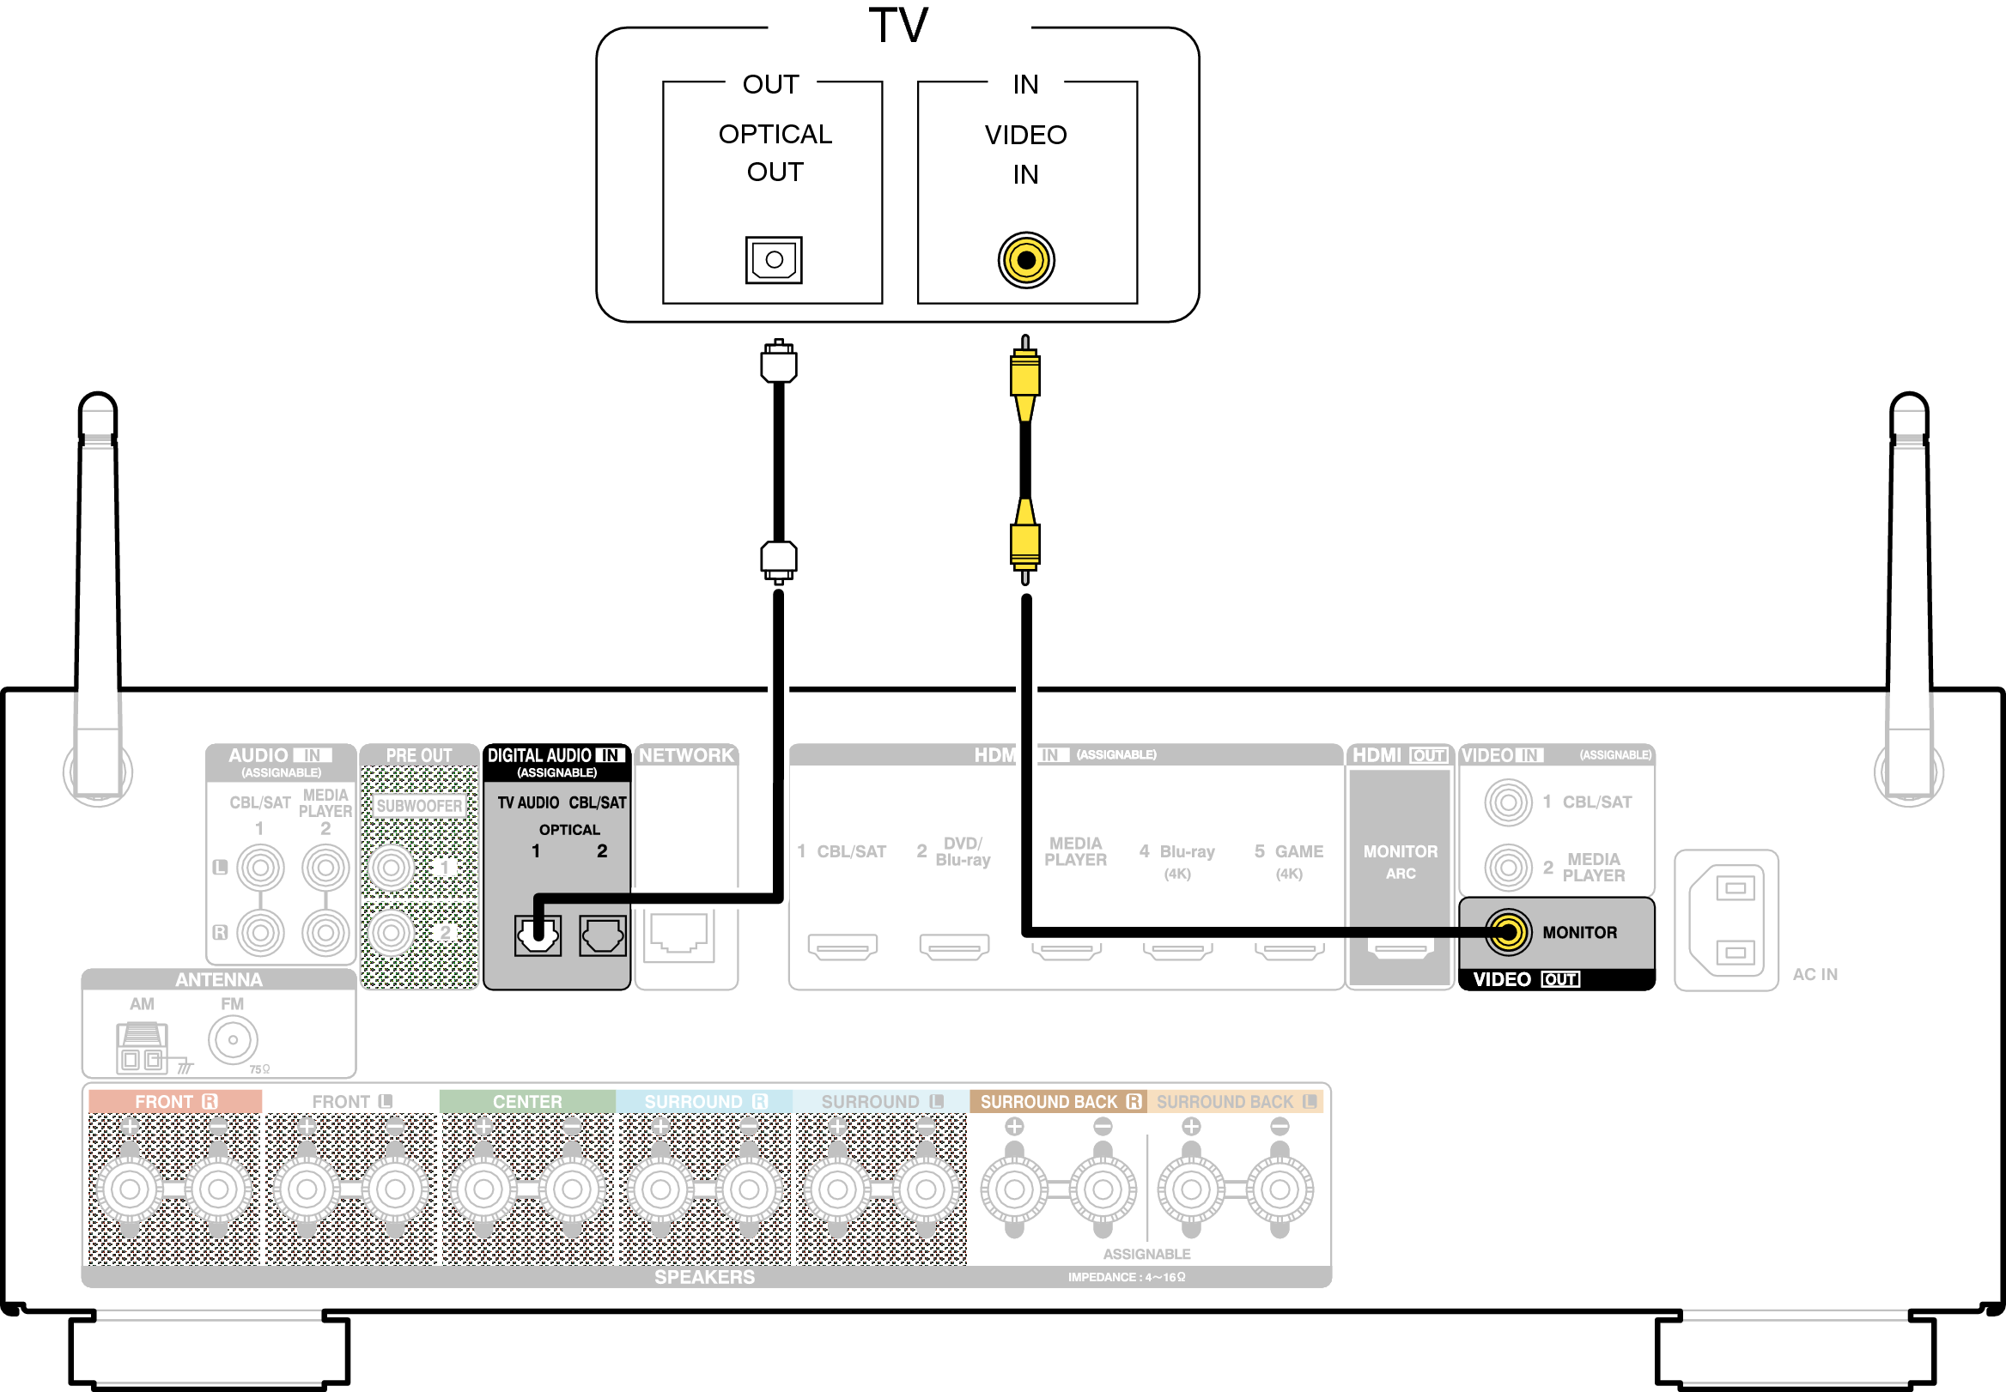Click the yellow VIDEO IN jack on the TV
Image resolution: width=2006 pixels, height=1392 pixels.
[1026, 260]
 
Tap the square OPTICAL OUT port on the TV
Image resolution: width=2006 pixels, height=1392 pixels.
[773, 260]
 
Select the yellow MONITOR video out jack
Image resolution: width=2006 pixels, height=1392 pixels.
[1508, 932]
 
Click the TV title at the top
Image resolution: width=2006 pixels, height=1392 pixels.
[899, 26]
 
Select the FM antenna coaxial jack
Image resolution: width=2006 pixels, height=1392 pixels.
[233, 1039]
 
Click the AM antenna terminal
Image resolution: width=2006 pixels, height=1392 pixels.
[142, 1047]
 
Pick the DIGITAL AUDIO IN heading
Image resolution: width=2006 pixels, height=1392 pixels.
[556, 755]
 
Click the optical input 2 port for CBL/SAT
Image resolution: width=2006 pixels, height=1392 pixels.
[602, 935]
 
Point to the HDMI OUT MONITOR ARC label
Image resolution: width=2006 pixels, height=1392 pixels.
[1400, 861]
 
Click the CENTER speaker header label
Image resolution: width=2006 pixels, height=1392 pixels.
[527, 1102]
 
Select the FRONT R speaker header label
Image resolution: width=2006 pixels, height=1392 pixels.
[174, 1102]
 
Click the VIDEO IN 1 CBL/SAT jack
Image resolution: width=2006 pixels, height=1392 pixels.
[1508, 802]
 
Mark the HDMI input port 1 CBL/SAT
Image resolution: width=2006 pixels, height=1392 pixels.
[842, 947]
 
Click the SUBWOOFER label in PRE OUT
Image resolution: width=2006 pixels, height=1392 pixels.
[419, 806]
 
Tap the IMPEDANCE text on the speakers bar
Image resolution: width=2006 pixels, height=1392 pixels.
[1126, 1277]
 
